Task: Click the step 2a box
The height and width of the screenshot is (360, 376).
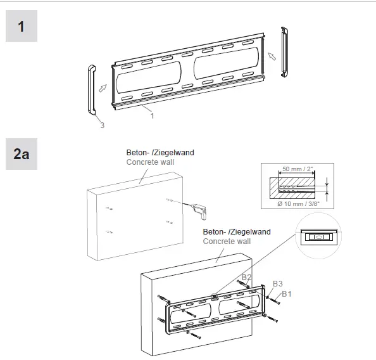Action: pyautogui.click(x=22, y=154)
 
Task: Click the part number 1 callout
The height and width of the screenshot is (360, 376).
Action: pyautogui.click(x=152, y=116)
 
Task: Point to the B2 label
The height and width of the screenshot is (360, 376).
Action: pyautogui.click(x=246, y=278)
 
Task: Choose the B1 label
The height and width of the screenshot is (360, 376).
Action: pyautogui.click(x=287, y=293)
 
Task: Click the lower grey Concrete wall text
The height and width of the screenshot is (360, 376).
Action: pyautogui.click(x=226, y=241)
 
